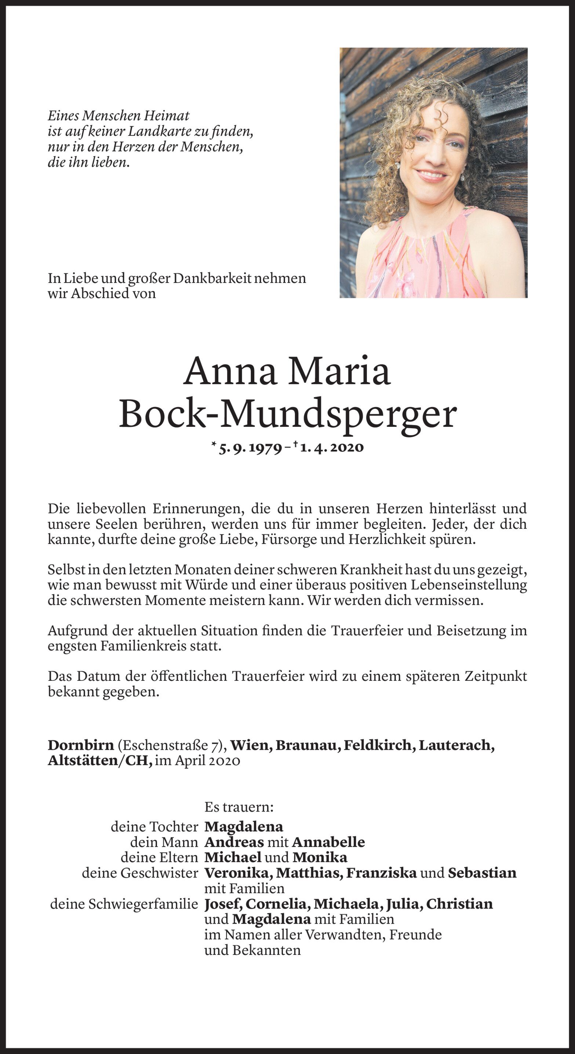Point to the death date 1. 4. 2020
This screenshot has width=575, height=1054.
click(331, 448)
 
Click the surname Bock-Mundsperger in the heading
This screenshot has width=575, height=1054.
click(287, 415)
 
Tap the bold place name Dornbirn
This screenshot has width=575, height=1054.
click(81, 745)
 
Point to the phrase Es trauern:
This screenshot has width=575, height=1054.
click(239, 807)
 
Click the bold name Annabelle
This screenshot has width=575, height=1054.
click(328, 842)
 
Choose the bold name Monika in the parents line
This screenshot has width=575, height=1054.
click(320, 857)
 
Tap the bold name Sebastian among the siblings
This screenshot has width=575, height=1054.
click(482, 873)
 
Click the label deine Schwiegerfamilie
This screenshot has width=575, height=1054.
click(124, 904)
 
